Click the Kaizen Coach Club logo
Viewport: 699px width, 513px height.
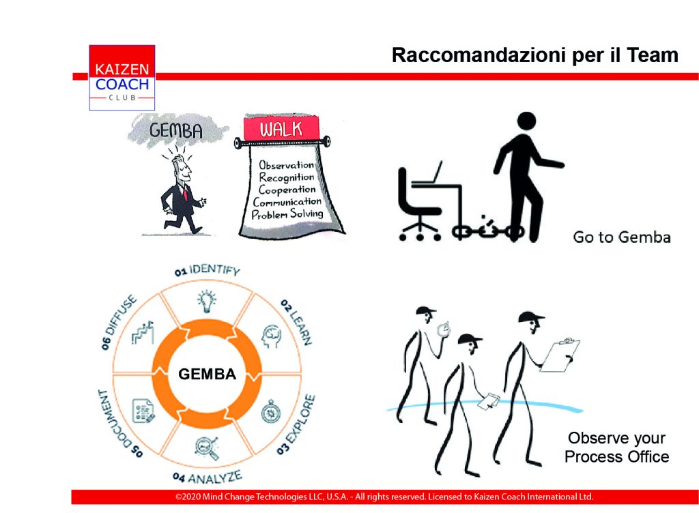coord(122,78)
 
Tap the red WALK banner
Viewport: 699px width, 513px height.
coord(281,128)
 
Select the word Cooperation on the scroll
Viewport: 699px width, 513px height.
coord(287,190)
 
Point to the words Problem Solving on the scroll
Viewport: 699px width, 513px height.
coord(287,214)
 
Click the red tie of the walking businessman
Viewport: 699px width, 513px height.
coord(184,194)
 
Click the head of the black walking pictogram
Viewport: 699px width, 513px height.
coord(526,121)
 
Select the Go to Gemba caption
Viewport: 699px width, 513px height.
coord(622,237)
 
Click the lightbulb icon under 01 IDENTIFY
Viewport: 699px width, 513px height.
coord(207,301)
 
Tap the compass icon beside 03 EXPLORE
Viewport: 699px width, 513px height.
coord(270,411)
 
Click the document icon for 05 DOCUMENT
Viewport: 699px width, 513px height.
coord(143,410)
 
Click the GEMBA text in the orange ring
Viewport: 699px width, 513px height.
coord(208,374)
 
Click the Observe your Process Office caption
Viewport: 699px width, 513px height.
coord(617,447)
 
